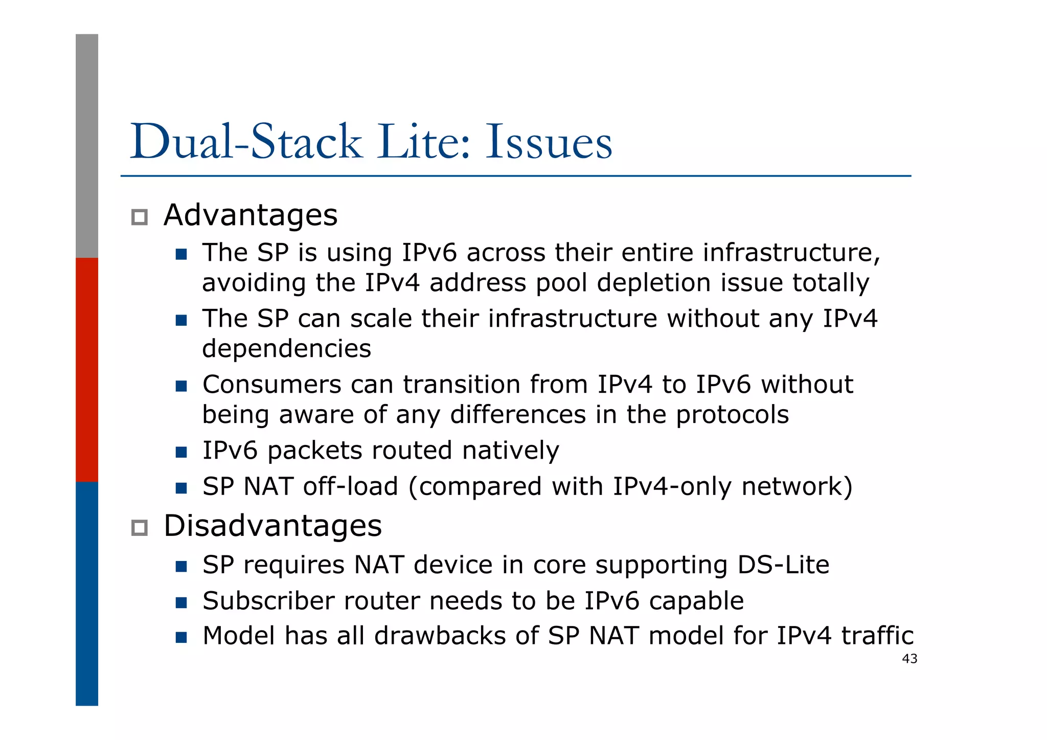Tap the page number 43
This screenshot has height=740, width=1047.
point(909,659)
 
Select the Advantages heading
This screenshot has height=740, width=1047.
point(251,215)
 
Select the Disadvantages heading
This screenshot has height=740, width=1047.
point(272,526)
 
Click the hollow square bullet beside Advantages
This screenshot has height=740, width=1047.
point(139,217)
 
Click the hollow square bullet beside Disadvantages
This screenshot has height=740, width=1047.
point(139,528)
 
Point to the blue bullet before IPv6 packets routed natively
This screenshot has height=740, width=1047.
point(181,452)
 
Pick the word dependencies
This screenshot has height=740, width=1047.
point(286,349)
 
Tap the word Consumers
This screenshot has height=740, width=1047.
point(271,385)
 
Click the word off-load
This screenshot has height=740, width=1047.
point(350,486)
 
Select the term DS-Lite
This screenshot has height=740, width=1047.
point(783,565)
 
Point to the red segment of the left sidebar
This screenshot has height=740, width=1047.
point(87,369)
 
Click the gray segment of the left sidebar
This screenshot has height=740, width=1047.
point(87,146)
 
